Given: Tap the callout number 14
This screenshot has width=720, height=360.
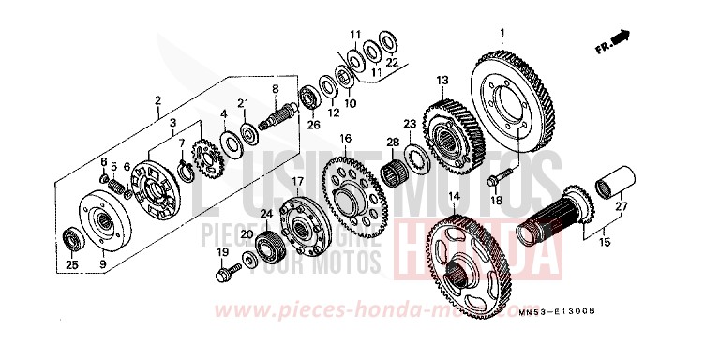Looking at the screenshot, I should [453, 196].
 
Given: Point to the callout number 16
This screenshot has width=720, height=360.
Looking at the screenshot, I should [345, 138].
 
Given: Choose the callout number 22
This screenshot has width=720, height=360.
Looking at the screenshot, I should [392, 62].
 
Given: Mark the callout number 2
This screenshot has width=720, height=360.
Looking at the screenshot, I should [158, 99].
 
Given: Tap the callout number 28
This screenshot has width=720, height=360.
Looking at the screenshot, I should [393, 142].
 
